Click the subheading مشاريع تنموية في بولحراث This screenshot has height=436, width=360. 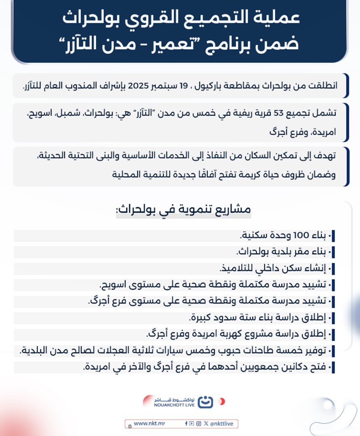point(184,210)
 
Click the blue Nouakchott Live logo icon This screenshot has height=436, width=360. point(206,402)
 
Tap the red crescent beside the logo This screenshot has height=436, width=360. point(222,402)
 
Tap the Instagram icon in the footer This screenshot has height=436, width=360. point(198,423)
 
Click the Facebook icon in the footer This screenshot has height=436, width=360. point(186,423)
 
